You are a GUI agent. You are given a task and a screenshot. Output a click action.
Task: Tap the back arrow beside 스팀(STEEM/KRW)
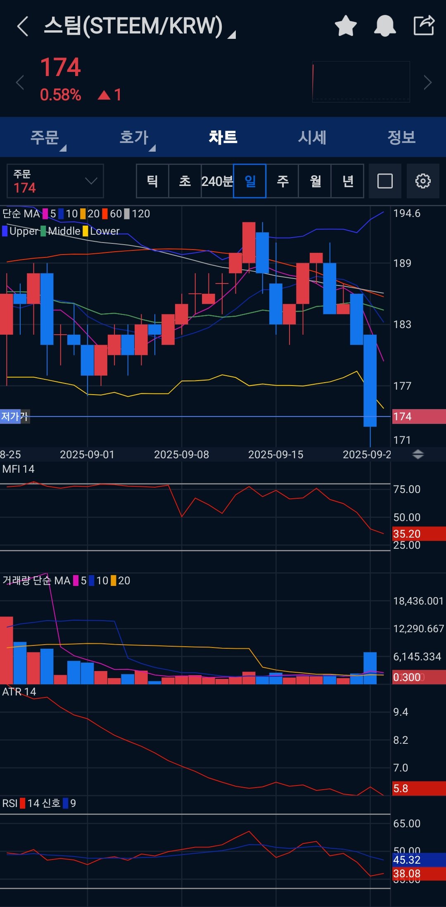pyautogui.click(x=23, y=26)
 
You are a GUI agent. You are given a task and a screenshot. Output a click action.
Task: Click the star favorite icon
pyautogui.click(x=346, y=26)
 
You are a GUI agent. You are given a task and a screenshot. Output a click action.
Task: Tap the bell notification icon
pyautogui.click(x=385, y=26)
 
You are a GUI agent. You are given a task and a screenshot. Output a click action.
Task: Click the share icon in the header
pyautogui.click(x=424, y=26)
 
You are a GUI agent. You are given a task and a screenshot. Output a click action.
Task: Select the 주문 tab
pyautogui.click(x=45, y=137)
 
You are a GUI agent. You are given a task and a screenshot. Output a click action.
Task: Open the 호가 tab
pyautogui.click(x=134, y=137)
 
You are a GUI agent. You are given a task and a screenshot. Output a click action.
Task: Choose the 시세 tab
pyautogui.click(x=312, y=137)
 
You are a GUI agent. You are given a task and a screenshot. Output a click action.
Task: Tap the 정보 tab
pyautogui.click(x=401, y=137)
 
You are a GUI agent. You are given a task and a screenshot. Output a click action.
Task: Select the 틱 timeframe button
pyautogui.click(x=152, y=181)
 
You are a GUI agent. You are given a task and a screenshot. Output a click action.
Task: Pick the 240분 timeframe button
pyautogui.click(x=217, y=181)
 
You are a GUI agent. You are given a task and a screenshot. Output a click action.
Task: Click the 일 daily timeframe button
pyautogui.click(x=250, y=181)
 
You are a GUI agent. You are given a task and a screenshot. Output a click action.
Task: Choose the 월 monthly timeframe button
pyautogui.click(x=315, y=181)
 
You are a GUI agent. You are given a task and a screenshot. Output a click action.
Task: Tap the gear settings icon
pyautogui.click(x=423, y=181)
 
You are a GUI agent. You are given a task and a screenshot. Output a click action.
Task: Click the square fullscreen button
pyautogui.click(x=385, y=181)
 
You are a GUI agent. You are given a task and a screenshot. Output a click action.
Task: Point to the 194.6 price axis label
pyautogui.click(x=407, y=213)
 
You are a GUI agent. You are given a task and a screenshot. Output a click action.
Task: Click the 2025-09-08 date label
pyautogui.click(x=181, y=455)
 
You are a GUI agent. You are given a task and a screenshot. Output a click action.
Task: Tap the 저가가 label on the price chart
pyautogui.click(x=14, y=416)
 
